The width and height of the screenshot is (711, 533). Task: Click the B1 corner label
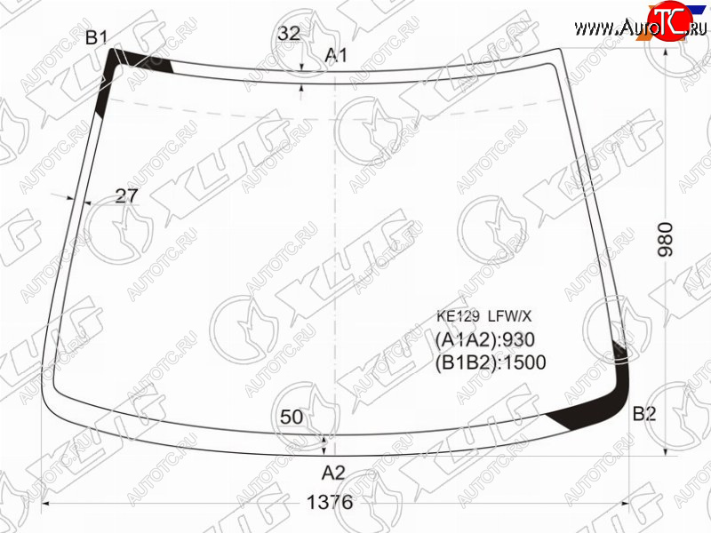(96, 37)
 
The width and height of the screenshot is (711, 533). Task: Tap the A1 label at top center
(337, 55)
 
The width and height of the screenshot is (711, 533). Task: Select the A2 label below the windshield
(333, 473)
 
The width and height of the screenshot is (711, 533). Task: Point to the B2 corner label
(644, 413)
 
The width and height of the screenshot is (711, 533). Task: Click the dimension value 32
(289, 33)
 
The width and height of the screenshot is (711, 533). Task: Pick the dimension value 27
(126, 195)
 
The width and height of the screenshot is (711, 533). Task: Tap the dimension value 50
(292, 417)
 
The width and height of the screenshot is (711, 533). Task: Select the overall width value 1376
(330, 502)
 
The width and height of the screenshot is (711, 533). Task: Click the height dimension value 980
(666, 239)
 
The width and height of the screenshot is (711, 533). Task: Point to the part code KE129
(458, 316)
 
